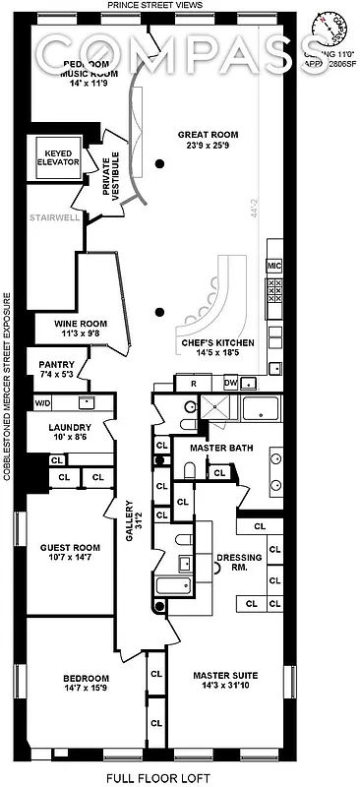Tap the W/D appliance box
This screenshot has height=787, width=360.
click(43, 402)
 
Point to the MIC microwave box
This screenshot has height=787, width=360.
click(274, 267)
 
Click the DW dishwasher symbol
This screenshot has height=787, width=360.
click(230, 382)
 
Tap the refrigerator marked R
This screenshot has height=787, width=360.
click(193, 383)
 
